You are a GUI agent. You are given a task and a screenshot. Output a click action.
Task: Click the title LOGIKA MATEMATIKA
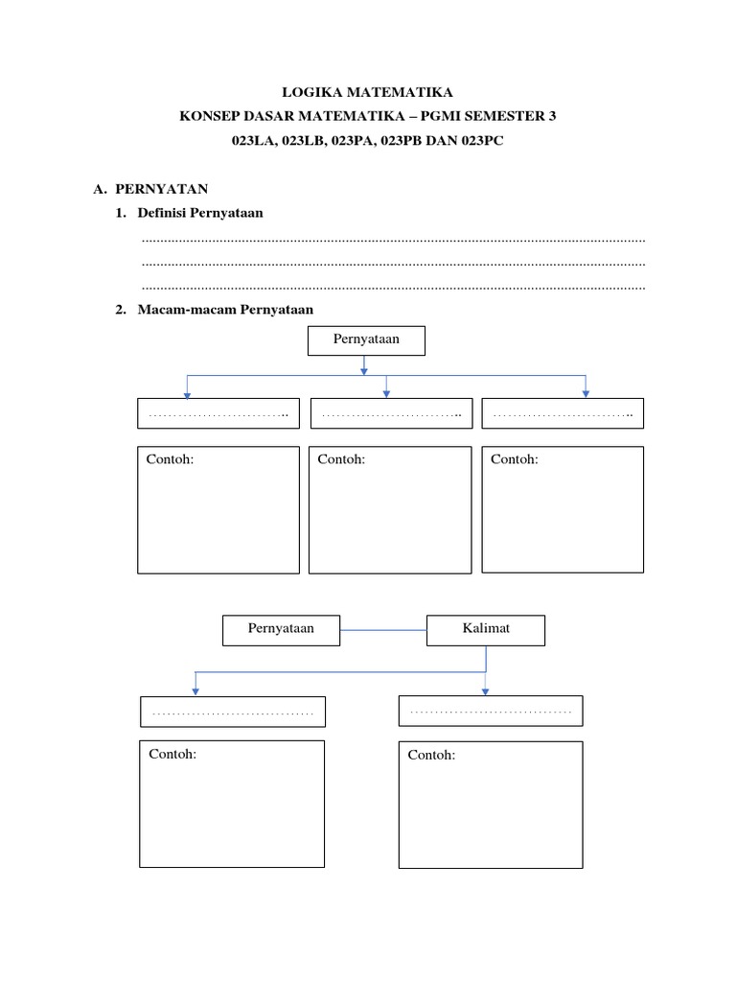[x=367, y=92]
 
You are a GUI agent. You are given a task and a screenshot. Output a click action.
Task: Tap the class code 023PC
[x=483, y=140]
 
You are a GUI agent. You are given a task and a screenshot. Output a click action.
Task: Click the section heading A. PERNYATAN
[x=150, y=189]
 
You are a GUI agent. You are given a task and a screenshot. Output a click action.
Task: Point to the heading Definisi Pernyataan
[x=200, y=213]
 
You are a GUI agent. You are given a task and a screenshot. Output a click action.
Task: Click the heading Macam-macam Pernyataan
[x=225, y=310]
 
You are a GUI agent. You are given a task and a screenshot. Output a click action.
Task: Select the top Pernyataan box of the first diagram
[x=366, y=340]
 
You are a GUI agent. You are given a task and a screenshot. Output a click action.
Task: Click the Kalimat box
[x=486, y=630]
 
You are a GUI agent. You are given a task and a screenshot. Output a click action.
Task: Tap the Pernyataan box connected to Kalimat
[x=281, y=630]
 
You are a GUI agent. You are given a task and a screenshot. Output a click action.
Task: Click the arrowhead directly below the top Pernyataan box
[x=364, y=371]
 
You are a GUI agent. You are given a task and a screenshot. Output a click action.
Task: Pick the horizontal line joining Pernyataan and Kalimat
[x=383, y=630]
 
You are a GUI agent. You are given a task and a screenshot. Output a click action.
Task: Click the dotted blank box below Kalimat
[x=491, y=711]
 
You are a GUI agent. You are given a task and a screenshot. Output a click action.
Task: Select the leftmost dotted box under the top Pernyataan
[x=218, y=413]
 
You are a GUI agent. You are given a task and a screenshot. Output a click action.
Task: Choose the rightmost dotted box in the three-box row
[x=563, y=413]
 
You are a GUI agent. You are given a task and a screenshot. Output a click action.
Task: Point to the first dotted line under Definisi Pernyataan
[x=393, y=241]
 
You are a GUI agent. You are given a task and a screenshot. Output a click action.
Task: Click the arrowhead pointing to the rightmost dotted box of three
[x=586, y=394]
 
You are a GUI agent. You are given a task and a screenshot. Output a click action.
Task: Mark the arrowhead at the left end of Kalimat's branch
[x=195, y=691]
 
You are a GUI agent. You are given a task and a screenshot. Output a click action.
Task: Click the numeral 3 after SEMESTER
[x=552, y=116]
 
